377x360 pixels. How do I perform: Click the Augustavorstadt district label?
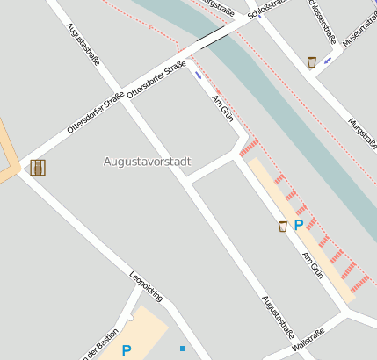coord(147,162)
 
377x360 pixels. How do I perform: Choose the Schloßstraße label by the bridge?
coord(267,10)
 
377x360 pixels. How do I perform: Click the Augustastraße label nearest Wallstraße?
coord(278,317)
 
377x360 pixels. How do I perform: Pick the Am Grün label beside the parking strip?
coord(313,265)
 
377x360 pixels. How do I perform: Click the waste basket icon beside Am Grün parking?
coord(282,227)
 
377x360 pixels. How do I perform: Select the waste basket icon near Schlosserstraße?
coord(312,61)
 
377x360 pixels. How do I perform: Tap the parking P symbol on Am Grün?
coord(298,225)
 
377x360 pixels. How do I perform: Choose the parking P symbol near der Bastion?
coord(127,350)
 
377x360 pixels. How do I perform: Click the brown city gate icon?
coord(38,167)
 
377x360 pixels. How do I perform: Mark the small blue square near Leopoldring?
coord(183,349)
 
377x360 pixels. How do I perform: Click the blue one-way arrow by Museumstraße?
coord(328,61)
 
